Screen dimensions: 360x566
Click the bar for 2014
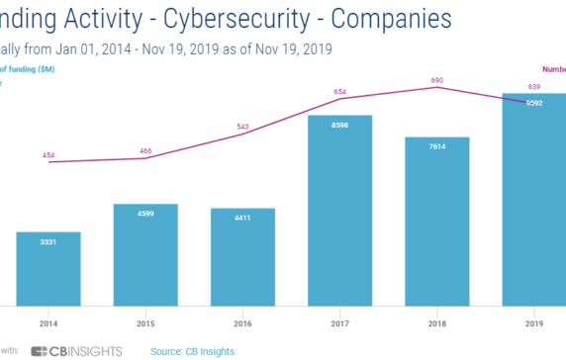click(48, 269)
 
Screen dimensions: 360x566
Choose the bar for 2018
click(436, 222)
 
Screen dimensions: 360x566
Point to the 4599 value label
click(145, 213)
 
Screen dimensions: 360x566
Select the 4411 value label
click(242, 217)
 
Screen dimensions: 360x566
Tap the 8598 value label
click(339, 124)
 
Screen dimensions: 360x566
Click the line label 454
click(48, 155)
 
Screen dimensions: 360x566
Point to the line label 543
click(242, 128)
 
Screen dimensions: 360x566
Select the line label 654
click(339, 91)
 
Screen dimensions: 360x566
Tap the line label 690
click(436, 79)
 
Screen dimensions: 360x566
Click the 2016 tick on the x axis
click(242, 322)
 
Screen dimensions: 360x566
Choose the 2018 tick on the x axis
click(436, 322)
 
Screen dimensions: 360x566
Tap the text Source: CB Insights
click(199, 350)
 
